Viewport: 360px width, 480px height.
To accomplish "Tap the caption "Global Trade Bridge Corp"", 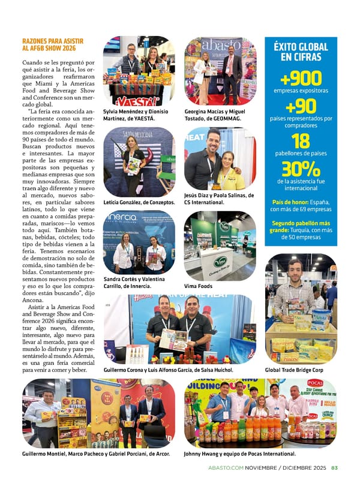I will point(294,370).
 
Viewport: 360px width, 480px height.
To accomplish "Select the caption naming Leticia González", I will point(139,202).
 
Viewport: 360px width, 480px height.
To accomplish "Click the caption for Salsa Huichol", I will point(168,370).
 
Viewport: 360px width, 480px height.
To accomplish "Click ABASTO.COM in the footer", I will point(224,467).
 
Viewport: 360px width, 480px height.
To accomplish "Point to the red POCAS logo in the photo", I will point(315,383).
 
